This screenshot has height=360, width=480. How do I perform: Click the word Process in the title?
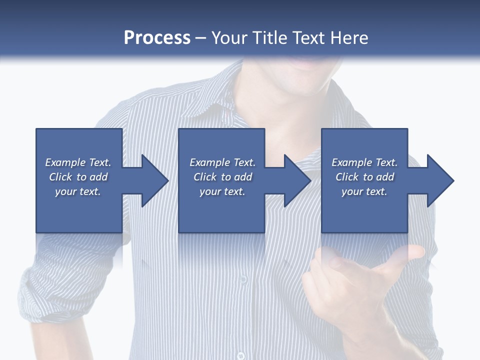[157, 38]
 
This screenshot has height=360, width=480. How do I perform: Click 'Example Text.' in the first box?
[78, 162]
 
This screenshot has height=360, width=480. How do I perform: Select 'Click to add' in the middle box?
[222, 177]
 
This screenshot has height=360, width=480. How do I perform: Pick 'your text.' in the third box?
[364, 191]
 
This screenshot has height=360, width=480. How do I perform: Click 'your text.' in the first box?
[78, 191]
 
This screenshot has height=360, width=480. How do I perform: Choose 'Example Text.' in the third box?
[364, 162]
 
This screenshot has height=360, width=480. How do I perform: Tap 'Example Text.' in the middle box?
[222, 162]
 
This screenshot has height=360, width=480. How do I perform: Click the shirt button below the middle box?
[243, 278]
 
